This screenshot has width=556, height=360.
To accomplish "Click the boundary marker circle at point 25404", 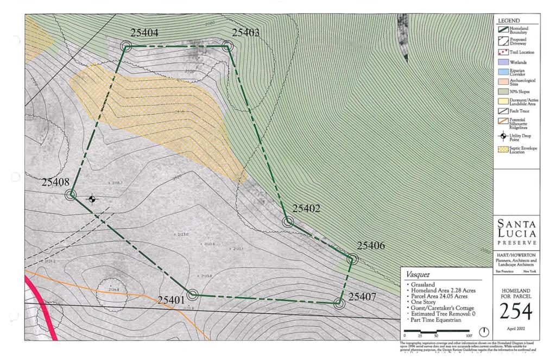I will [126, 47].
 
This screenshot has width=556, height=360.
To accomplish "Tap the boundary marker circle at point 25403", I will [228, 46].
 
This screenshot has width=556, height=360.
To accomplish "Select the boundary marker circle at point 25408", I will [71, 194].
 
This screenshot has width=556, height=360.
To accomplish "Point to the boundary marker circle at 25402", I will [288, 222].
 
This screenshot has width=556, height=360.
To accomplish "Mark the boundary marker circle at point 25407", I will [340, 304].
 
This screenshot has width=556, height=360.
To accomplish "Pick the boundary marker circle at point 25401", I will [192, 295].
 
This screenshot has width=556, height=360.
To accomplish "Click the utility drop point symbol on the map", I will [92, 199].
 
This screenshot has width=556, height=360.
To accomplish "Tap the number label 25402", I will [306, 209].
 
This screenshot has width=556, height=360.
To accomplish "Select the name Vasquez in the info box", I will [418, 275].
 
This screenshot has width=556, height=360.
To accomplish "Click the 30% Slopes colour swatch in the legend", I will [502, 91].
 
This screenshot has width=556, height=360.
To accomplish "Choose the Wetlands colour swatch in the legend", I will [502, 62].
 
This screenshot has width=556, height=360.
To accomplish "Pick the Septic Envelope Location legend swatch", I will [502, 148].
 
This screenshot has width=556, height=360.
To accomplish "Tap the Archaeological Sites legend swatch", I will [502, 81].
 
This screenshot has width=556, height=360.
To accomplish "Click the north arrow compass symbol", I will [483, 331].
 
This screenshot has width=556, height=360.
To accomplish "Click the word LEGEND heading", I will [509, 21].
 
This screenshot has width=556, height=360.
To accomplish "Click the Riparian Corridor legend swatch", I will [502, 72].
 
